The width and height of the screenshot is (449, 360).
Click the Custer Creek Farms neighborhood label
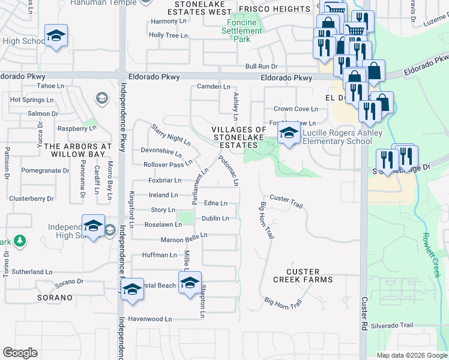tap(303, 276)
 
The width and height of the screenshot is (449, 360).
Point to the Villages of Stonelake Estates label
tap(238, 137)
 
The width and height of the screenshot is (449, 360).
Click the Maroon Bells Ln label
tap(184, 239)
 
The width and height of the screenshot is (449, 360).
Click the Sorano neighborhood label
tap(58, 298)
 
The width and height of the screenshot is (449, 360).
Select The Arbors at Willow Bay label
tap(78, 150)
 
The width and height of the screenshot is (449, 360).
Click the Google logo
tap(20, 353)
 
